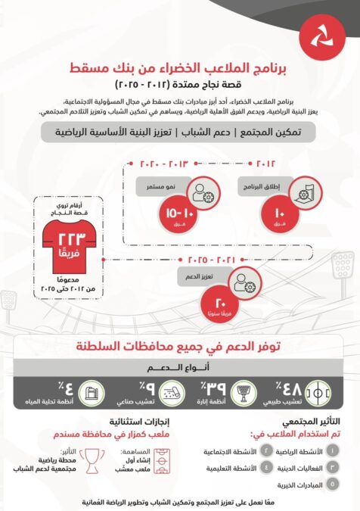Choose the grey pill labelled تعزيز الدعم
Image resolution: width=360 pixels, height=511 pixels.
pyautogui.click(x=194, y=277)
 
